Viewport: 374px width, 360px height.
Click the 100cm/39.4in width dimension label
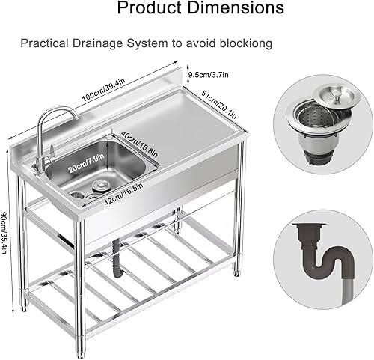point(103,89)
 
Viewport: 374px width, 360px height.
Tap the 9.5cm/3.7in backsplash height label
point(209,75)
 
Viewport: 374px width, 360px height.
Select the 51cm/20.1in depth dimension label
point(219,105)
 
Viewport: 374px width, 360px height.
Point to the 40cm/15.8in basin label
point(140,144)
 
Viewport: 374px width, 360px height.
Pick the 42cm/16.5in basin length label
point(123,194)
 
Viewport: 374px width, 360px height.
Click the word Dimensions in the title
point(236,7)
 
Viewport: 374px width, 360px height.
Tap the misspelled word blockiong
point(245,43)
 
